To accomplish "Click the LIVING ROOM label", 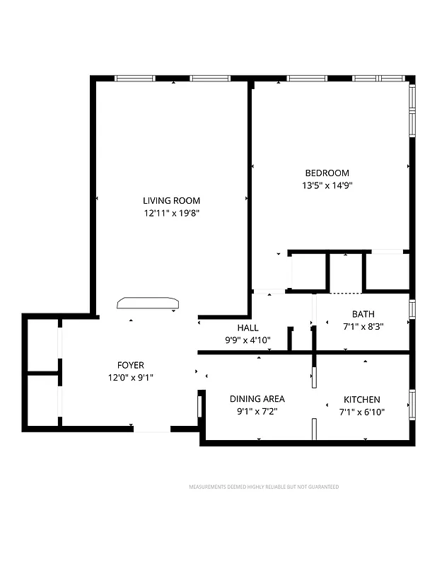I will pos(171,200).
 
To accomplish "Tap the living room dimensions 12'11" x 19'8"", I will pos(171,212).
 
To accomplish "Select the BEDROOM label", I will pos(327,173).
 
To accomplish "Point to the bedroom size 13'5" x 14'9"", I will pos(327,185).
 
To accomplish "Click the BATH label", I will pos(363,314).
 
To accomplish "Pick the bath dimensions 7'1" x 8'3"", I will pos(363,327).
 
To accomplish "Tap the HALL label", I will pos(247,328).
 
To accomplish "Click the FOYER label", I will pos(131,365).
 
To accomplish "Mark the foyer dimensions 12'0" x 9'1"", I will pos(131,378).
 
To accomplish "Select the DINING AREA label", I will pos(257,399).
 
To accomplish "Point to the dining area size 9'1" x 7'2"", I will pos(257,412).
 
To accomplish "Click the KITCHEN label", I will pos(362,399).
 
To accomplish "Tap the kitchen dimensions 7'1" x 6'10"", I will pos(362,412).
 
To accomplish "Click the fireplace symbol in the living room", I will pos(148,303).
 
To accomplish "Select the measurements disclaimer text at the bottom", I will pos(264,487).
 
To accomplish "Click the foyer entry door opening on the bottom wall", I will pos(152,429).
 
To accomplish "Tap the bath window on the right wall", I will pos(412,309).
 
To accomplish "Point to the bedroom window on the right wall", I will pos(412,110).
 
